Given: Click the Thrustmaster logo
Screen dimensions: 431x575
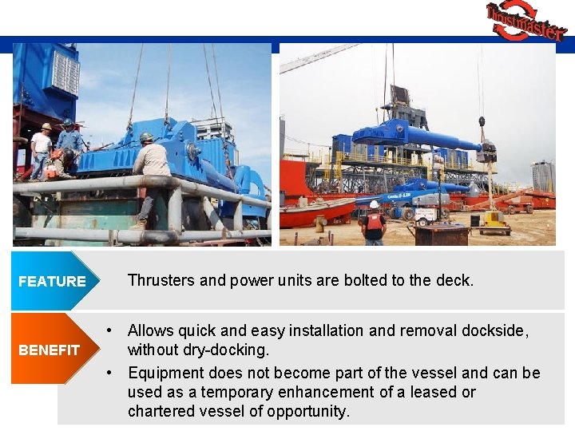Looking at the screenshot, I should [525, 21].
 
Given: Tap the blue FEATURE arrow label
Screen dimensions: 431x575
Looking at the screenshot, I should [53, 281].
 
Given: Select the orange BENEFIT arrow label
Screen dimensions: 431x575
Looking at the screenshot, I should [50, 350].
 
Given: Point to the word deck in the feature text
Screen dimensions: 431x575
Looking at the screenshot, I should [454, 280].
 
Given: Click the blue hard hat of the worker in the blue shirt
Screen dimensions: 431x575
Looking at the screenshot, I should [67, 124].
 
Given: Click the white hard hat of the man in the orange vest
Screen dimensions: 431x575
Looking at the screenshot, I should [373, 204].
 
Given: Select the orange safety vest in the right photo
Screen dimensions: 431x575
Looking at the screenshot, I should [373, 220].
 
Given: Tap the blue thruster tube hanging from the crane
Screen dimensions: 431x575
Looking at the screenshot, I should [415, 136].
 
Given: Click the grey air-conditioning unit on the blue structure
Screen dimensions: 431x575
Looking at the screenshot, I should [64, 72].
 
